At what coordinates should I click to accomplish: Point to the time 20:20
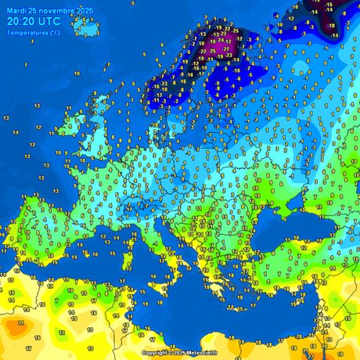[x=20, y=21]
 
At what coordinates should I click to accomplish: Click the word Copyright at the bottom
[x=155, y=354]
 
